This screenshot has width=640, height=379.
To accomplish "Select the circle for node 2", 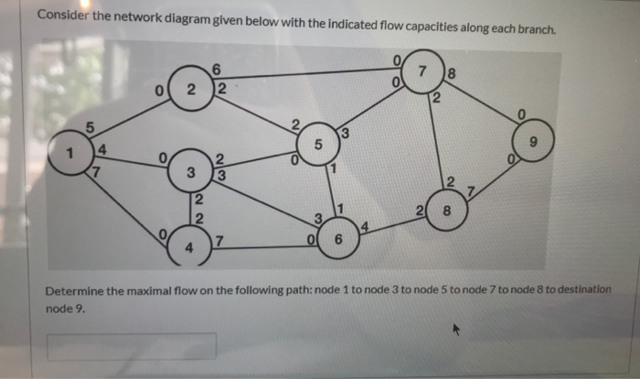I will pos(190,89).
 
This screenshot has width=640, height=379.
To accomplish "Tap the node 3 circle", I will pos(190,171).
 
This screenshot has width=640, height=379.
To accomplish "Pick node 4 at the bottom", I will pos(190,246).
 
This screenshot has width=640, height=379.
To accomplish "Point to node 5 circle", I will pos(317,144).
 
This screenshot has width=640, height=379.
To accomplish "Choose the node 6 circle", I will pos(339,240).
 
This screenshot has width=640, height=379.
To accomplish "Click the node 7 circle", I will pos(421,71).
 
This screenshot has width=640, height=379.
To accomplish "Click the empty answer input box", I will pos(132,346).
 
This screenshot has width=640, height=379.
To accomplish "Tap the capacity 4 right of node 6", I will pos(366,226).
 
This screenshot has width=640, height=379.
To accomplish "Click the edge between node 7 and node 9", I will pos(483,103).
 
